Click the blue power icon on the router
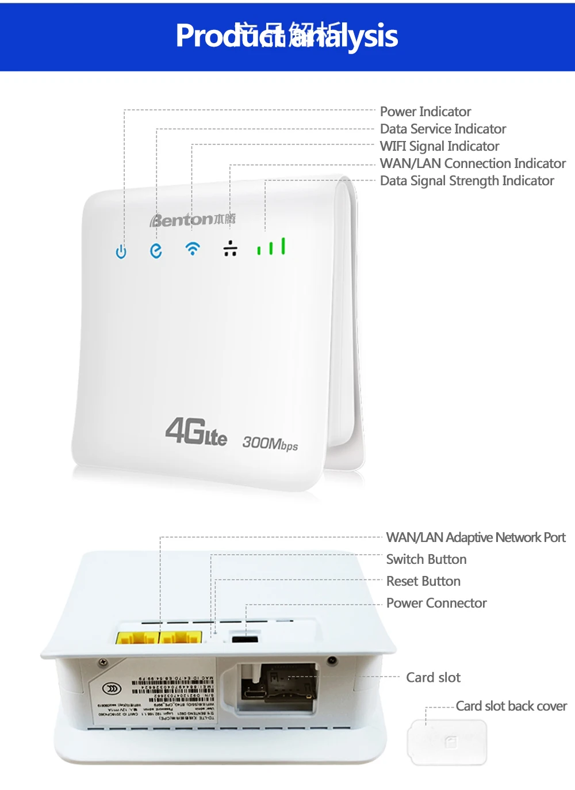tap(121, 251)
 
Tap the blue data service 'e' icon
tap(156, 250)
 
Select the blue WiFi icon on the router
tap(193, 249)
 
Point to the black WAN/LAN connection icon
tap(230, 248)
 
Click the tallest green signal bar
tap(283, 246)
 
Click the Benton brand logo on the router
tap(192, 219)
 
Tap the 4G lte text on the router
tap(196, 432)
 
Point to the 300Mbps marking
tap(270, 443)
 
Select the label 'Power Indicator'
tap(425, 112)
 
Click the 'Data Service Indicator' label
tap(443, 129)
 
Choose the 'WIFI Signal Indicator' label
tap(439, 146)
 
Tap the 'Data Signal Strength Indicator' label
tap(467, 181)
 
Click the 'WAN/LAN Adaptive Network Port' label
tap(476, 537)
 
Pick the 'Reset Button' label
tap(423, 581)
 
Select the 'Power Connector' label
tap(436, 603)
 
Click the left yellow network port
tap(137, 638)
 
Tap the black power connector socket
tap(244, 639)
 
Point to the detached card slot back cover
tap(447, 742)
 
